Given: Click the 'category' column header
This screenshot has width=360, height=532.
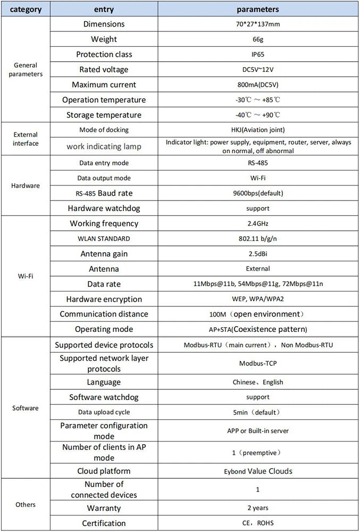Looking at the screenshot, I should pyautogui.click(x=26, y=9).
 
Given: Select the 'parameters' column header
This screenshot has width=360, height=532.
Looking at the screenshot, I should pyautogui.click(x=258, y=9).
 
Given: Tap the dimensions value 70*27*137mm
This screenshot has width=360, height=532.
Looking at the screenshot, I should pyautogui.click(x=258, y=24).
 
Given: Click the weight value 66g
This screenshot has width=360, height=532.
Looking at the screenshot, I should pyautogui.click(x=258, y=39).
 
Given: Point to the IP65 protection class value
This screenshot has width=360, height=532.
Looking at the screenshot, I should pyautogui.click(x=258, y=54).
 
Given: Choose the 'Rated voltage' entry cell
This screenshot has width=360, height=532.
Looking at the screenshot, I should pyautogui.click(x=104, y=70).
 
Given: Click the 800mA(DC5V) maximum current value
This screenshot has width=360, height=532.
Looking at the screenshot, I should pyautogui.click(x=258, y=85).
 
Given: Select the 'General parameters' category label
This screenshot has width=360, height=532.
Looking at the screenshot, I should pyautogui.click(x=26, y=70).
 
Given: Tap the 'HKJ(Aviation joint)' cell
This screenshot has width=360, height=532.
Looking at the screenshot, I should pyautogui.click(x=258, y=130).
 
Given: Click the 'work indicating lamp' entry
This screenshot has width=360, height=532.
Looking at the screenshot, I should pyautogui.click(x=104, y=146).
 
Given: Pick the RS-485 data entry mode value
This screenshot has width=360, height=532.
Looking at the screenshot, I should pyautogui.click(x=258, y=163).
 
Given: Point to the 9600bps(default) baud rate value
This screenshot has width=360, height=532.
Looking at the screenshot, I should pyautogui.click(x=258, y=193).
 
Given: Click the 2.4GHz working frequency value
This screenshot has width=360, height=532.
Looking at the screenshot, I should pyautogui.click(x=258, y=223).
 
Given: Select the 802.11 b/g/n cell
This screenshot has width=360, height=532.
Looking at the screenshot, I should pyautogui.click(x=258, y=239).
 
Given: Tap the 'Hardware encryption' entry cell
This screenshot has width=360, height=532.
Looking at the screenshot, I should pyautogui.click(x=104, y=299).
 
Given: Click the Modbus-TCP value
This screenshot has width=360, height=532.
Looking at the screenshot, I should pyautogui.click(x=258, y=363).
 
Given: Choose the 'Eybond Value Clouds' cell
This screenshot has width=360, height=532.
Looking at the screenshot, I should pyautogui.click(x=258, y=471).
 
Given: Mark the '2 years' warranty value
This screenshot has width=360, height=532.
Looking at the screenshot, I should pyautogui.click(x=258, y=508).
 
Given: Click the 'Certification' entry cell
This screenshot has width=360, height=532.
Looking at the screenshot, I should pyautogui.click(x=104, y=523).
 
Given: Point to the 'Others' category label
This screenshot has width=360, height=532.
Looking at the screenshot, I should pyautogui.click(x=26, y=504).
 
